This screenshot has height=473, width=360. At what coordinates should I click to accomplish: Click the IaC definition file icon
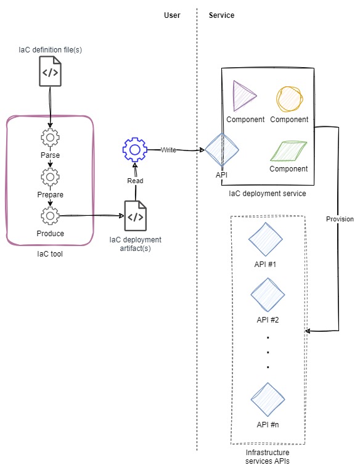tap(51, 72)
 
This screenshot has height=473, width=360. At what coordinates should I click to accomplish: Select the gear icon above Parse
tap(50, 138)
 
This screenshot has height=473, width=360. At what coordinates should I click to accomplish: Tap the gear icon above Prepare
tap(50, 177)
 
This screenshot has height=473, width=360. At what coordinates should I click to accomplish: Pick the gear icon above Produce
tap(50, 216)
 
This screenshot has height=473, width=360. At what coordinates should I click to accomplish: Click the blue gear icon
tap(135, 150)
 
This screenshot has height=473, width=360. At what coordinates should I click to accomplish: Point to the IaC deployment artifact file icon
tap(136, 216)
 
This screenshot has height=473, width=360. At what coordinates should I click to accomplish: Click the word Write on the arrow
tap(168, 150)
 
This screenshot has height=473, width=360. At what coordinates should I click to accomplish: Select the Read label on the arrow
tap(135, 181)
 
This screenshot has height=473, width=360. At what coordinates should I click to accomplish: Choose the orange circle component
tap(290, 99)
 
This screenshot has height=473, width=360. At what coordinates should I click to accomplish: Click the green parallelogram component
tap(288, 151)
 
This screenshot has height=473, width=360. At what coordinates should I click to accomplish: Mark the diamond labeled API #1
tap(266, 239)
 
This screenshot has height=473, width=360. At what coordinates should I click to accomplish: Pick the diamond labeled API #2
tap(268, 295)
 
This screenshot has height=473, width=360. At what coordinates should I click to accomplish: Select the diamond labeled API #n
tap(268, 400)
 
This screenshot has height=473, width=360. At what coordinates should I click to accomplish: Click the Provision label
tap(340, 219)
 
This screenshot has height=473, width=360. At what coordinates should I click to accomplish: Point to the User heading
tap(172, 15)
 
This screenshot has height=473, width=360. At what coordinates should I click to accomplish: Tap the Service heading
tap(221, 15)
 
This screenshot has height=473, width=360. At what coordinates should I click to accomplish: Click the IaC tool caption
tap(50, 254)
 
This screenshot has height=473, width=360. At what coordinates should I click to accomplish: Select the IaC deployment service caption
tap(268, 194)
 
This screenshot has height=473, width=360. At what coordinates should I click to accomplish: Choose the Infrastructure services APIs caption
tap(268, 457)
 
